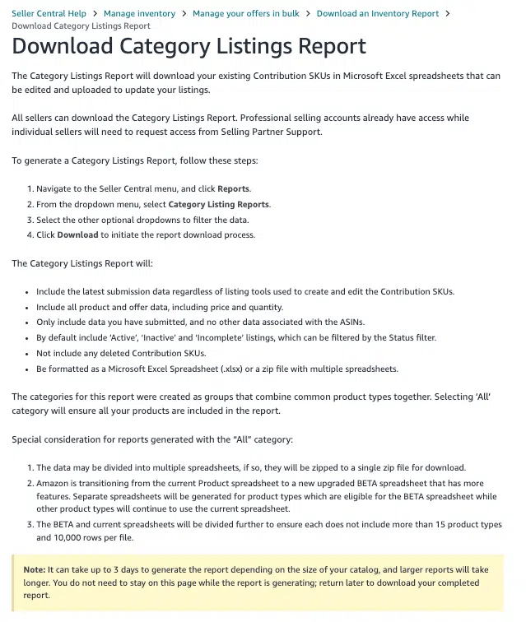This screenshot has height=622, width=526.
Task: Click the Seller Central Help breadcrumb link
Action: click(x=49, y=13)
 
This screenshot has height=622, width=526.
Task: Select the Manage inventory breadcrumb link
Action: click(x=139, y=13)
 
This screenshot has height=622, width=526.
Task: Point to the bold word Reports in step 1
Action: click(x=234, y=188)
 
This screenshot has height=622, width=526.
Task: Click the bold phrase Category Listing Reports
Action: click(x=218, y=204)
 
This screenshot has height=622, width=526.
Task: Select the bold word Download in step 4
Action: click(x=77, y=234)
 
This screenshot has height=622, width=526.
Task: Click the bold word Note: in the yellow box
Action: click(x=35, y=568)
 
